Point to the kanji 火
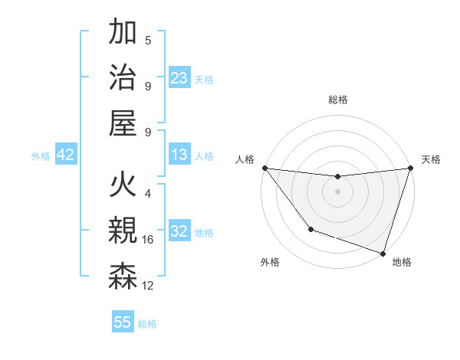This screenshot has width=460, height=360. pos(123,186)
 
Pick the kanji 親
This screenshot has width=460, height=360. pos(123,231)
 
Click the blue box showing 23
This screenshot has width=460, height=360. pos(179,78)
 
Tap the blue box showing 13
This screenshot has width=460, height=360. pos(179,155)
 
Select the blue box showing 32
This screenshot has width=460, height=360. pos(179,231)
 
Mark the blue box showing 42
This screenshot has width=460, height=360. pos(66,155)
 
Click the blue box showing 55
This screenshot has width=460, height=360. pos(123,322)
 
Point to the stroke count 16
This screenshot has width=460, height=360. pos(148,240)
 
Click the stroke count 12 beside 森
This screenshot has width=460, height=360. pos(148,286)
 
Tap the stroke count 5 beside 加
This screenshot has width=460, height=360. pos(148,41)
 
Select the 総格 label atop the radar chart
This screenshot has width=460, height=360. pos(337,100)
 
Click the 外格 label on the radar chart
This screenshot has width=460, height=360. pos(270,263)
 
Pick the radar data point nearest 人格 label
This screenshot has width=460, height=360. pos(264,168)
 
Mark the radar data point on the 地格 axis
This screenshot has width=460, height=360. pos(383,252)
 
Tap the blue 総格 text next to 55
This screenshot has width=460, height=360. pos(147,324)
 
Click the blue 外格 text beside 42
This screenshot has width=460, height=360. pos(41,156)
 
